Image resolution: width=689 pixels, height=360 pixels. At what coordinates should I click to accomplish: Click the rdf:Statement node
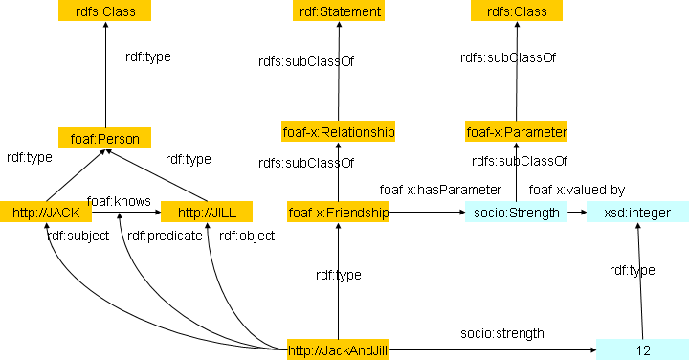pyautogui.click(x=339, y=11)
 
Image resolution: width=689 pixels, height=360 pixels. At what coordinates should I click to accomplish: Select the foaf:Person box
pyautogui.click(x=104, y=138)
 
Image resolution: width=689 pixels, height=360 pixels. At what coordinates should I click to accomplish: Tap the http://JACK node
pyautogui.click(x=46, y=212)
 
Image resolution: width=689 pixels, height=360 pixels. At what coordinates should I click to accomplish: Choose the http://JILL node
pyautogui.click(x=207, y=212)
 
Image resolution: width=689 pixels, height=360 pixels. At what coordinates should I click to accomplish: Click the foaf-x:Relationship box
pyautogui.click(x=339, y=131)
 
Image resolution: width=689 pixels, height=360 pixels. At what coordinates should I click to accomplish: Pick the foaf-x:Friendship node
pyautogui.click(x=339, y=212)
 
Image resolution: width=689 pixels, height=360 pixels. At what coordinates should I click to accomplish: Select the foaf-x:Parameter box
pyautogui.click(x=517, y=131)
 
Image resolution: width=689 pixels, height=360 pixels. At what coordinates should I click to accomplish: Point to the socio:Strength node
pyautogui.click(x=517, y=212)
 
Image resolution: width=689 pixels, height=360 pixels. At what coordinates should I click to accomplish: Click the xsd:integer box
pyautogui.click(x=637, y=212)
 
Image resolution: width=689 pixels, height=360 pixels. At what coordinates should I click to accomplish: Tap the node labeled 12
pyautogui.click(x=642, y=349)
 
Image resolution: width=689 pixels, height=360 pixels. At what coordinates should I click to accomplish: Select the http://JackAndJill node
pyautogui.click(x=339, y=349)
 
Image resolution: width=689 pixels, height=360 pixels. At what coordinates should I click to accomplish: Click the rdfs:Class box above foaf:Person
pyautogui.click(x=104, y=11)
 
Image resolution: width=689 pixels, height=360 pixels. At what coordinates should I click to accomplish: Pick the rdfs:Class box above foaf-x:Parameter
pyautogui.click(x=517, y=11)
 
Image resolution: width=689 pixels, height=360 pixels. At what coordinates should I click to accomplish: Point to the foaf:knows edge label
pyautogui.click(x=119, y=201)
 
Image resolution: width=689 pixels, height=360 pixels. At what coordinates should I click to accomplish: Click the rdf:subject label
pyautogui.click(x=78, y=236)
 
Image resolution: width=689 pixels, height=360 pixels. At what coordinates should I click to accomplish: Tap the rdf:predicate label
pyautogui.click(x=165, y=236)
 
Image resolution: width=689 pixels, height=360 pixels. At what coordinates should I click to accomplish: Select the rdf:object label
pyautogui.click(x=247, y=236)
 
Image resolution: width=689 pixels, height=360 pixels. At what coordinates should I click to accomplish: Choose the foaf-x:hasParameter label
pyautogui.click(x=440, y=190)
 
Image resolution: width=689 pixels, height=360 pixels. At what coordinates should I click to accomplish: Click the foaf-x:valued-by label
pyautogui.click(x=577, y=190)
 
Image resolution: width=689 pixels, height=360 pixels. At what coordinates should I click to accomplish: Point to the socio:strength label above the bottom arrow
pyautogui.click(x=502, y=333)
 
